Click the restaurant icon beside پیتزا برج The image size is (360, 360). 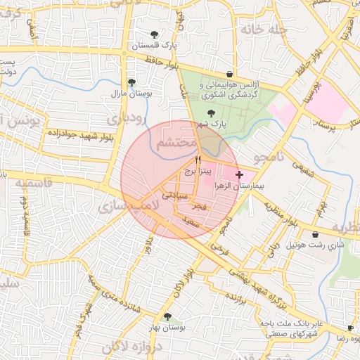pyautogui.click(x=198, y=161)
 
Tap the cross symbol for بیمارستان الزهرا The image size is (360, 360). pyautogui.click(x=240, y=174)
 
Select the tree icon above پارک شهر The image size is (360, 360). pyautogui.click(x=210, y=113)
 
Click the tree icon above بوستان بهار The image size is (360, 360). pyautogui.click(x=167, y=317)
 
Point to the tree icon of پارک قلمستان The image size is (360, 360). pyautogui.click(x=155, y=34)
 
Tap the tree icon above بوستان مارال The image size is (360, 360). pyautogui.click(x=131, y=82)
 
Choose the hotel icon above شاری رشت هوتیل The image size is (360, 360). pyautogui.click(x=315, y=235)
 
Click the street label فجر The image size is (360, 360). pyautogui.click(x=199, y=208)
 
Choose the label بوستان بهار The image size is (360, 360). pyautogui.click(x=167, y=328)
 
